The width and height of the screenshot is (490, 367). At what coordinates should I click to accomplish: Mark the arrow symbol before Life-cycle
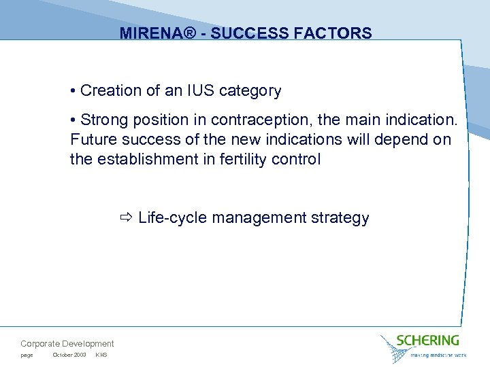click(127, 218)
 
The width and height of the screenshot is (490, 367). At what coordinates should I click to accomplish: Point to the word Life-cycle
click(174, 218)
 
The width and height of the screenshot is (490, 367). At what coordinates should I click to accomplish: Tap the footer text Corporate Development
click(67, 344)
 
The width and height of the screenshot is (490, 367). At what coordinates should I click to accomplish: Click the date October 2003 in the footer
click(69, 355)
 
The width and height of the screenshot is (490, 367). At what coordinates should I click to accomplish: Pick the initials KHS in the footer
click(101, 355)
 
